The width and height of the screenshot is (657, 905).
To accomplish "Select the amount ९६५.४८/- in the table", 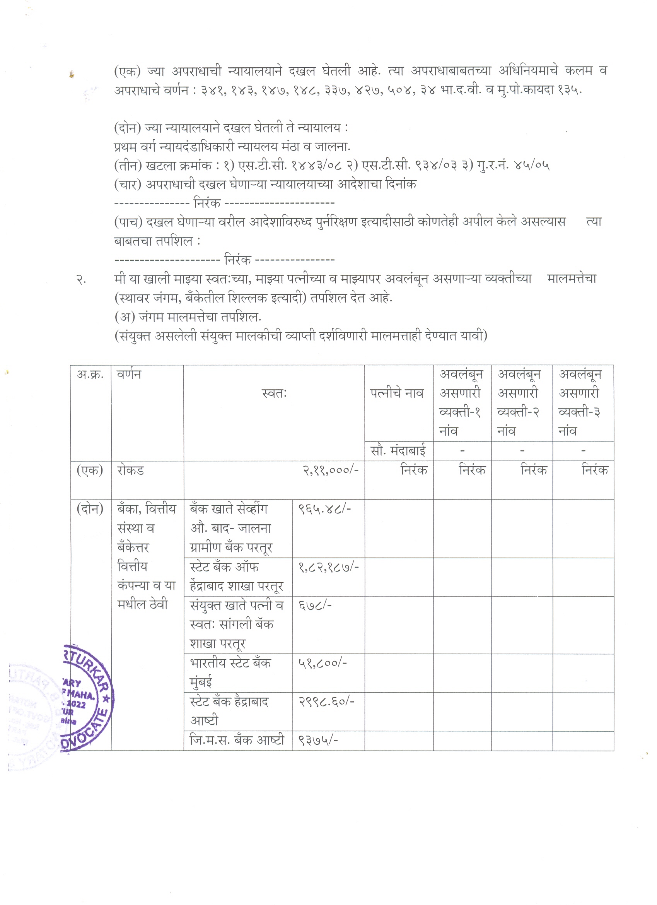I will coord(324,509).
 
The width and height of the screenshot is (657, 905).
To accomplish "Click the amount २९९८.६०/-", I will coord(326,701).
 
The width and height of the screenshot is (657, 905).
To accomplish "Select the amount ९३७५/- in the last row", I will coord(318,740).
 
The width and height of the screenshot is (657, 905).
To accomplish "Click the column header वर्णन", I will coord(129,375).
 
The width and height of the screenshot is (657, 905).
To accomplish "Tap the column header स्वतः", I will coord(275,393).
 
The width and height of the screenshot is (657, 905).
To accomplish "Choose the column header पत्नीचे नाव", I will coord(396,393).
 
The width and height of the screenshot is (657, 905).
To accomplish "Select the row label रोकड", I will coord(130,470).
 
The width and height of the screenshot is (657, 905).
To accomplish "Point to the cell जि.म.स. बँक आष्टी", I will coord(237,740).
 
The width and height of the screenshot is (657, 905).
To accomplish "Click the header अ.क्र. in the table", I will coord(90,375).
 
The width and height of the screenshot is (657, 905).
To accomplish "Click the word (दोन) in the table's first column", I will coord(90,509).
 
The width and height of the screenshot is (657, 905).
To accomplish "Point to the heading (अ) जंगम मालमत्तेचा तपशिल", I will coord(188,317).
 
